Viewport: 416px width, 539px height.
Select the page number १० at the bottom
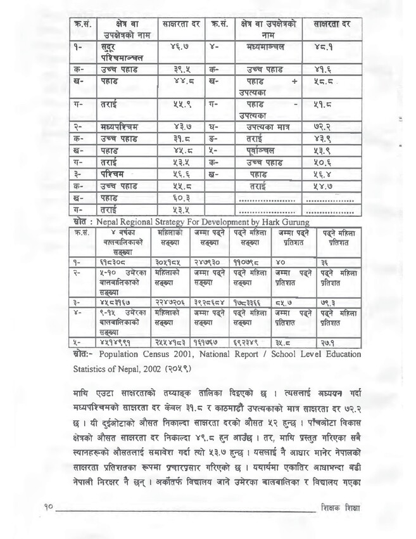coord(51,508)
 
